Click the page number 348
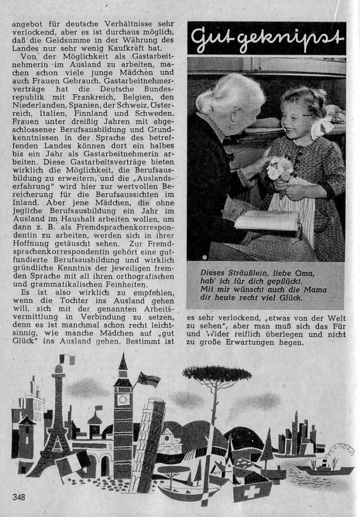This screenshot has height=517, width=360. [x=19, y=496]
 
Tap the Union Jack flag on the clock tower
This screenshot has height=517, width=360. [x=148, y=379]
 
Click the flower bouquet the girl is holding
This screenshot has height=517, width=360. [x=280, y=169]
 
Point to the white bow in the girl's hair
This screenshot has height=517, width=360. [x=323, y=127]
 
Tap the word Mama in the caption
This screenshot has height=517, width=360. [x=315, y=289]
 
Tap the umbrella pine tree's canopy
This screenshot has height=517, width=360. [x=216, y=374]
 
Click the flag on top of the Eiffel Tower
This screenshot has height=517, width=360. [x=67, y=360]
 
